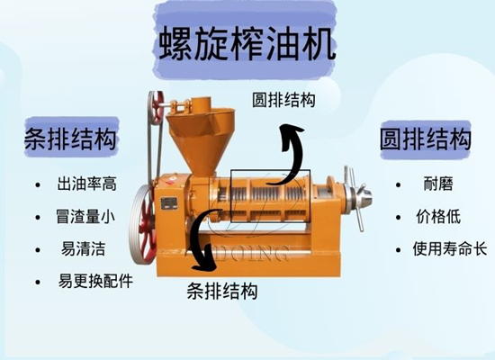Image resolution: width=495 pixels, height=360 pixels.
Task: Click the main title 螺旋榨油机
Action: click(x=247, y=43)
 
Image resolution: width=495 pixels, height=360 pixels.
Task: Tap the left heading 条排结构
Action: click(x=71, y=140)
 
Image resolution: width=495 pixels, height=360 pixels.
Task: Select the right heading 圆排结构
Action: click(x=425, y=139)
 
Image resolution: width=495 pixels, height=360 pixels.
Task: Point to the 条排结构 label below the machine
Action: click(x=222, y=291)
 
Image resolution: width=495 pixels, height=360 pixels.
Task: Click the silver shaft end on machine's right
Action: click(x=361, y=196)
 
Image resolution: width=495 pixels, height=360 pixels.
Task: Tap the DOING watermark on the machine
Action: click(x=245, y=254)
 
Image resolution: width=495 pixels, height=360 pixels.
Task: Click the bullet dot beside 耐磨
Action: click(x=397, y=185)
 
